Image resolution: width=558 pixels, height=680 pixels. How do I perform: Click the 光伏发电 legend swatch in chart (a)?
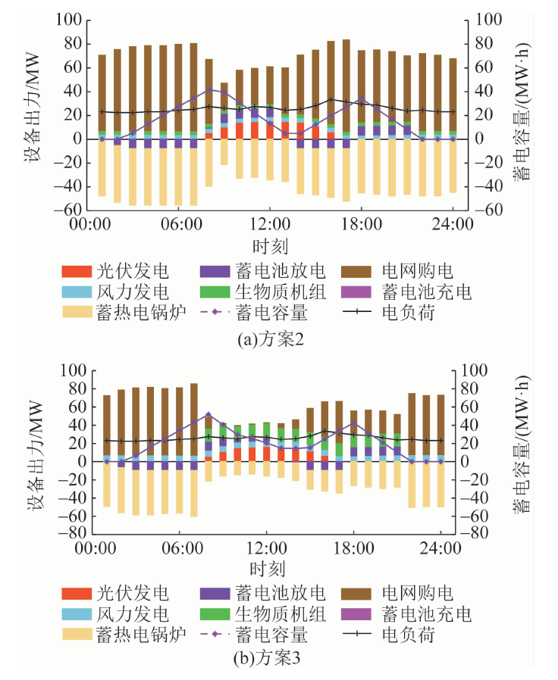coord(78,271)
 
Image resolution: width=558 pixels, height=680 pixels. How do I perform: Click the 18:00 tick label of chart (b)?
coord(354,547)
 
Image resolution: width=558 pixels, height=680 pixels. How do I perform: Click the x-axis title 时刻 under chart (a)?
coord(270,245)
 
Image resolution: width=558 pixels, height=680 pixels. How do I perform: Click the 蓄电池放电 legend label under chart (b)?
coord(288,592)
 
